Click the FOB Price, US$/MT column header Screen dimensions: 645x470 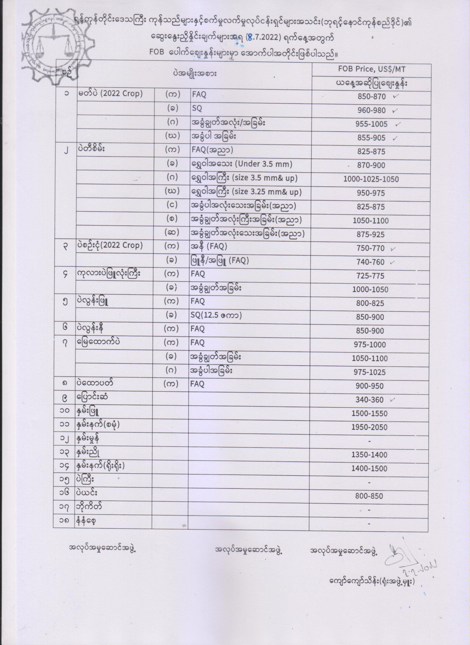coord(371,69)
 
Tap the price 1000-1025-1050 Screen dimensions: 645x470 coord(371,179)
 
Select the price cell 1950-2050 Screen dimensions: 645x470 coord(370,427)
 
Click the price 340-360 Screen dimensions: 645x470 coord(370,400)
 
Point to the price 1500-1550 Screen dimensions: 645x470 coord(370,414)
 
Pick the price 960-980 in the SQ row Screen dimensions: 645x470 coord(371,110)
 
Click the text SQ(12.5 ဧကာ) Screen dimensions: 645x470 coord(216,315)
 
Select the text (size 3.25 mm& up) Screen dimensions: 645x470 coord(267,192)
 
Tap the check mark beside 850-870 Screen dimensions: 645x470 coord(396,96)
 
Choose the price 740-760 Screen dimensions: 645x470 coord(370,262)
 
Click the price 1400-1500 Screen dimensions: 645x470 coord(369,469)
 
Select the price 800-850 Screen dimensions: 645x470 coord(369,496)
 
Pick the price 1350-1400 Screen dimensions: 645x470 coord(369,455)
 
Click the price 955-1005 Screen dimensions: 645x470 coord(371,124)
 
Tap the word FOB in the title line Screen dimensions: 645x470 coord(157,52)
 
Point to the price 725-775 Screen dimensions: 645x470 coord(370,276)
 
